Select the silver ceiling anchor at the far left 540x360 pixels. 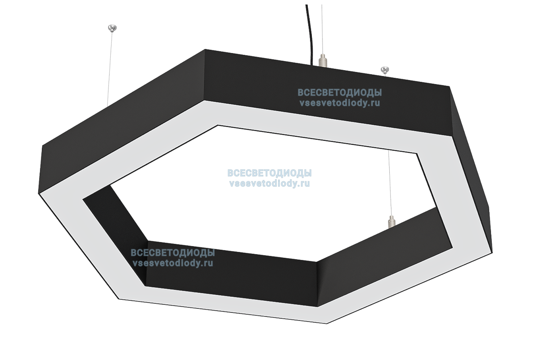(x=112, y=28)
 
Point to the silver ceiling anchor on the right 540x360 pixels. (x=385, y=69)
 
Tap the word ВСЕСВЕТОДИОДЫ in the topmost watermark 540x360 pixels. (x=339, y=93)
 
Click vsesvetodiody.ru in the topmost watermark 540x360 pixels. (x=339, y=103)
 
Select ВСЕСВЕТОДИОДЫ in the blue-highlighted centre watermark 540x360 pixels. (x=270, y=174)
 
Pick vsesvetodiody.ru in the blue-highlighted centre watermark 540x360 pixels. (x=270, y=183)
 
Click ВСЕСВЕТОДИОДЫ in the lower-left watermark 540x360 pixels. (x=172, y=253)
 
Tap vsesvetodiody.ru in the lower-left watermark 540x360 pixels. (x=172, y=263)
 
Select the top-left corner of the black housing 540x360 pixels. (x=205, y=50)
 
